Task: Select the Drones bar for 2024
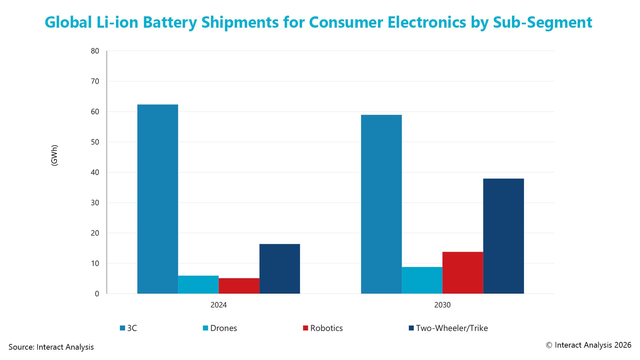point(198,285)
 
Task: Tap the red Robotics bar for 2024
point(239,286)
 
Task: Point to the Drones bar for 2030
point(422,280)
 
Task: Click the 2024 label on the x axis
point(218,305)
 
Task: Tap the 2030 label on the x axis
point(442,305)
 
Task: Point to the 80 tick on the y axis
point(95,51)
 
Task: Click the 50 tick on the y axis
point(95,142)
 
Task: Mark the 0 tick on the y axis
point(97,294)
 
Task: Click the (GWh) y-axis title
point(54,155)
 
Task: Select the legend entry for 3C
point(129,328)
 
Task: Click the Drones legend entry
point(220,328)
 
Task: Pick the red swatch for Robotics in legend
point(305,328)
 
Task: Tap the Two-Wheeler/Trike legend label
point(452,328)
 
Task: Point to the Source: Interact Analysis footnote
point(51,347)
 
